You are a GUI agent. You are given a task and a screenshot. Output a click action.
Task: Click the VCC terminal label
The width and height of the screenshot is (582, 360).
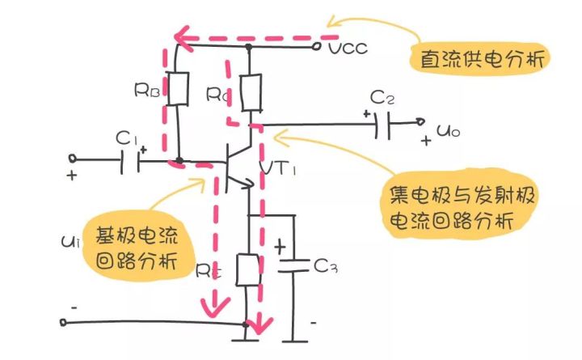point(348,49)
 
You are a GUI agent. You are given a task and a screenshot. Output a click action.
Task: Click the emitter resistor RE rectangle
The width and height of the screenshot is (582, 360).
point(248,270)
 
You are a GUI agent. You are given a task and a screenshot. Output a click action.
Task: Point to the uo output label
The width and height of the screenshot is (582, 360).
point(451,129)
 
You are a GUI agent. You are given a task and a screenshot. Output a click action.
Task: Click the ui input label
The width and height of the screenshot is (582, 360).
point(67,241)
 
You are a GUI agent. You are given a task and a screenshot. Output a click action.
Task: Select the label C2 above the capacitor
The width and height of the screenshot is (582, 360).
point(382,99)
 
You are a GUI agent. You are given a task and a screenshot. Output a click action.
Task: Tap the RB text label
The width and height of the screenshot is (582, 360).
point(146,90)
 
